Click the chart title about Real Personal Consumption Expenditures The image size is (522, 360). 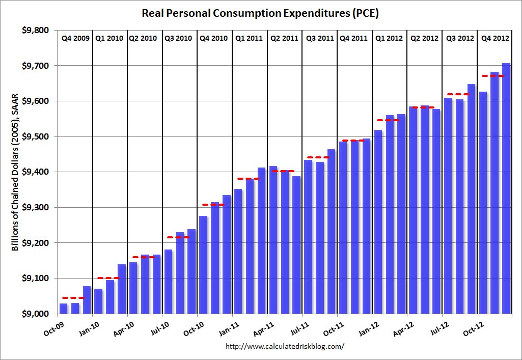[x=261, y=13]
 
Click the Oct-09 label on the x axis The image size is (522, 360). [x=54, y=326]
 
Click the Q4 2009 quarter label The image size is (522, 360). [x=75, y=38]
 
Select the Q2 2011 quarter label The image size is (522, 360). [x=284, y=38]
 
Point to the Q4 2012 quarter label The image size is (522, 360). [x=493, y=38]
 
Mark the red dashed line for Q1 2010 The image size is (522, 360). [x=108, y=278]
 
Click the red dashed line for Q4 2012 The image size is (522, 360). [x=493, y=76]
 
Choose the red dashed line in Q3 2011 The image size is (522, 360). [x=318, y=157]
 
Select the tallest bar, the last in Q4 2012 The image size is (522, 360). [x=506, y=188]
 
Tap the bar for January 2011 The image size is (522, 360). [x=238, y=252]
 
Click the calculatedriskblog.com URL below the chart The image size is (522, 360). [x=285, y=346]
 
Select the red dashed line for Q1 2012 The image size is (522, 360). [x=388, y=120]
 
